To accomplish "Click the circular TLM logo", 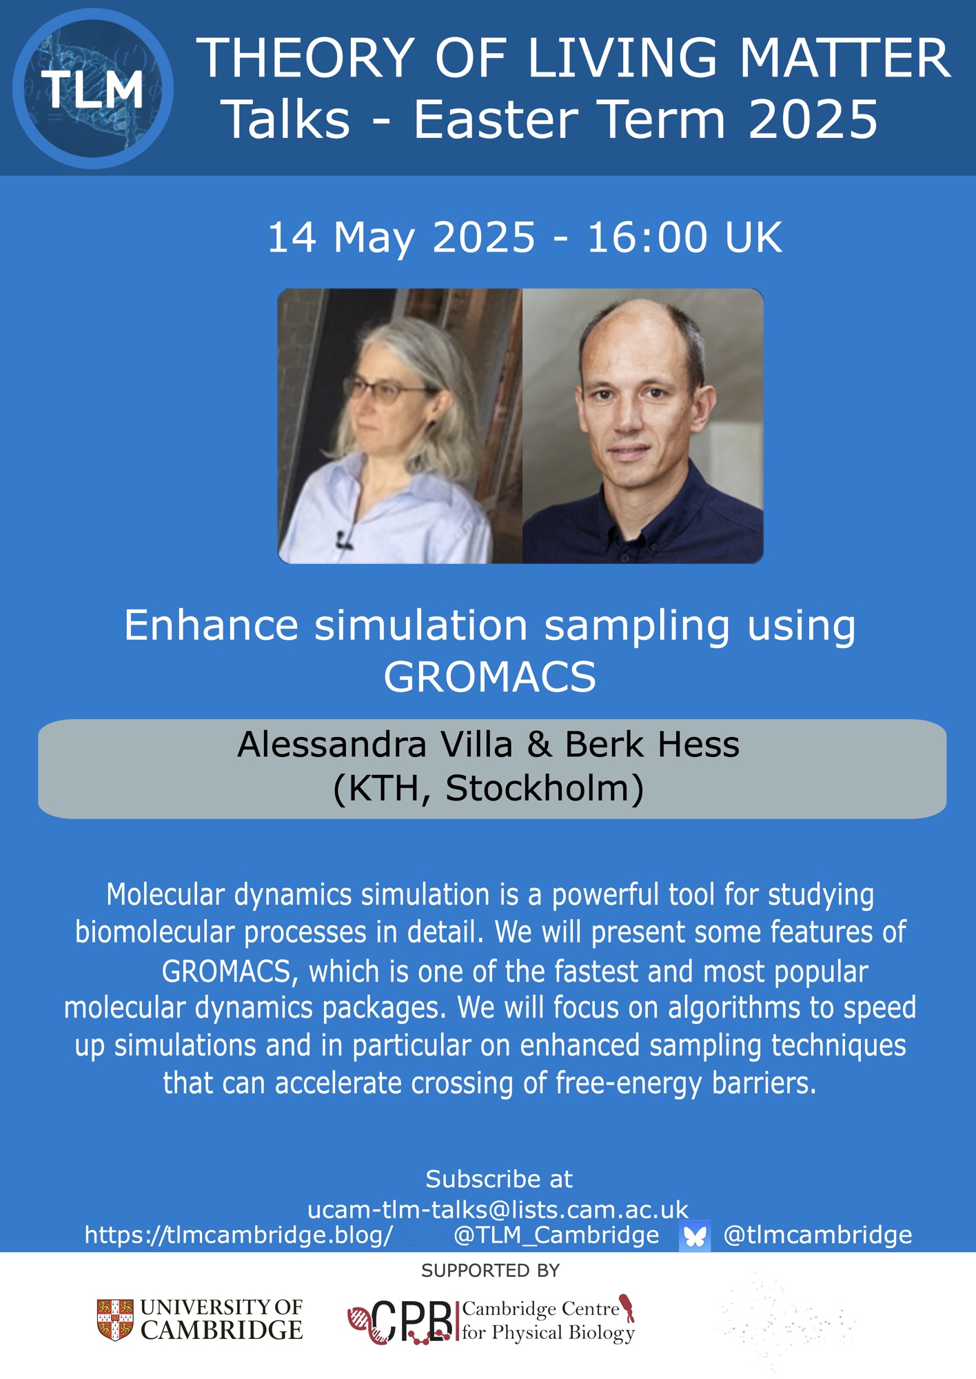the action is [93, 89].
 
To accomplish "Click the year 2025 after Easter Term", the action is [813, 120].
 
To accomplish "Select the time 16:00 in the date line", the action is [647, 238].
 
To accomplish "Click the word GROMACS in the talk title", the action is [489, 677].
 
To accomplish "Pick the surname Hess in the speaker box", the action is [698, 745].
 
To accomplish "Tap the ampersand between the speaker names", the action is [539, 745].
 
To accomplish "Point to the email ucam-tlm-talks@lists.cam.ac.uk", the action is [498, 1209].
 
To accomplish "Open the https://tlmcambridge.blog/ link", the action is [238, 1235].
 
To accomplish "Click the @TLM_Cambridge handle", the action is [556, 1235].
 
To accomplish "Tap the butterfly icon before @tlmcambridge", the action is [695, 1236].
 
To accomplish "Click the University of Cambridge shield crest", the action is [115, 1320].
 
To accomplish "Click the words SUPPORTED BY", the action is [490, 1271].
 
